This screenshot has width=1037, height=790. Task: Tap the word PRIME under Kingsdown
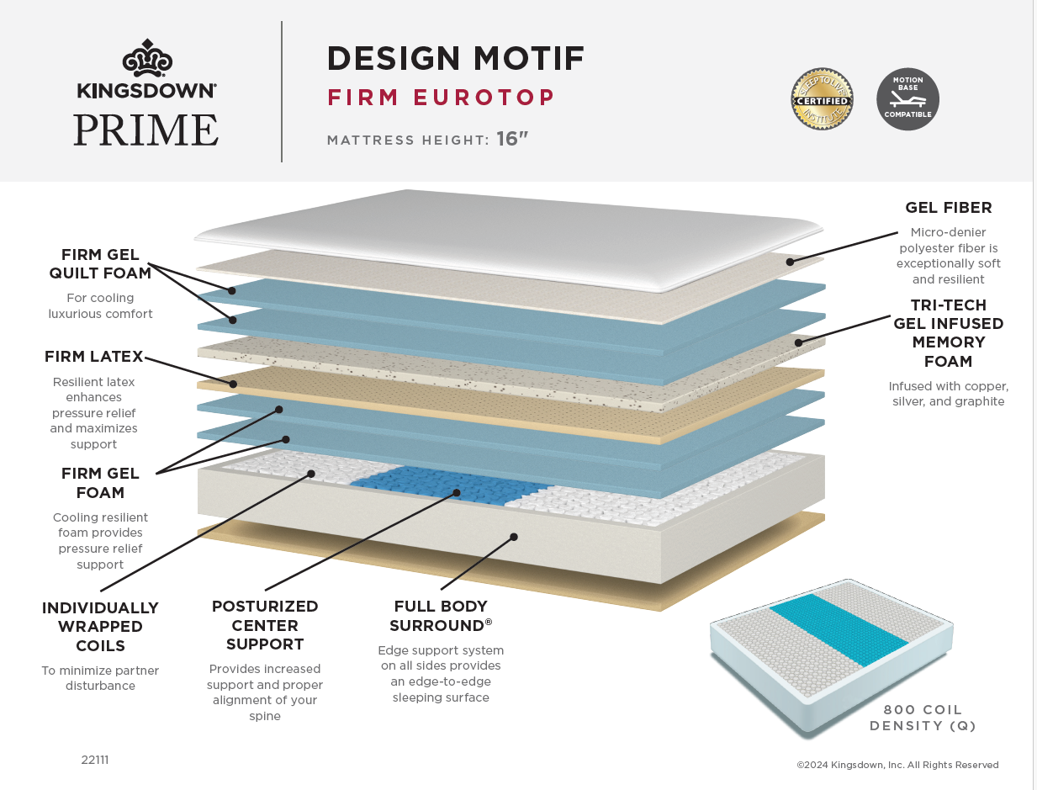pos(145,130)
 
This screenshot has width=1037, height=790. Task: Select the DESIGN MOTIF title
pos(455,58)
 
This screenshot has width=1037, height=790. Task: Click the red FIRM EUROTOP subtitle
pos(441,98)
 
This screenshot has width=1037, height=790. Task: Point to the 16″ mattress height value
pos(512,139)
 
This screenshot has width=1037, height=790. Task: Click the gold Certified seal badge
pos(822,99)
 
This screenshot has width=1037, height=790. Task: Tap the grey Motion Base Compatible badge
pos(907,99)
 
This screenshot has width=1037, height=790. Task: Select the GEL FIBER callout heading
pos(948,207)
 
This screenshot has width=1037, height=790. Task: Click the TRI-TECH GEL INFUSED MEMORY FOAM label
pos(948,333)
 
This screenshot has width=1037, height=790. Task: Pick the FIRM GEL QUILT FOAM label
pos(100,263)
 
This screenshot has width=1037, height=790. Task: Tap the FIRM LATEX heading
pos(94,357)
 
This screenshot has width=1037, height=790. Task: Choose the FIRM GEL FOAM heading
pos(100,483)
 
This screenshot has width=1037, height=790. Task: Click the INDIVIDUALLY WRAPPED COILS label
pos(100,627)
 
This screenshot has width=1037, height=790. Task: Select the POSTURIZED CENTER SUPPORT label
pos(265,625)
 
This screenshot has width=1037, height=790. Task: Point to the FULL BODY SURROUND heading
pos(441,616)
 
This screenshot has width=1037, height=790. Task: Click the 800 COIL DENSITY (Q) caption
pos(923,718)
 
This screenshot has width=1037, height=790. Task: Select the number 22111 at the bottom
pos(95,760)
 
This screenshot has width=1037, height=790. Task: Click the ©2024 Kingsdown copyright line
pos(897,765)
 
